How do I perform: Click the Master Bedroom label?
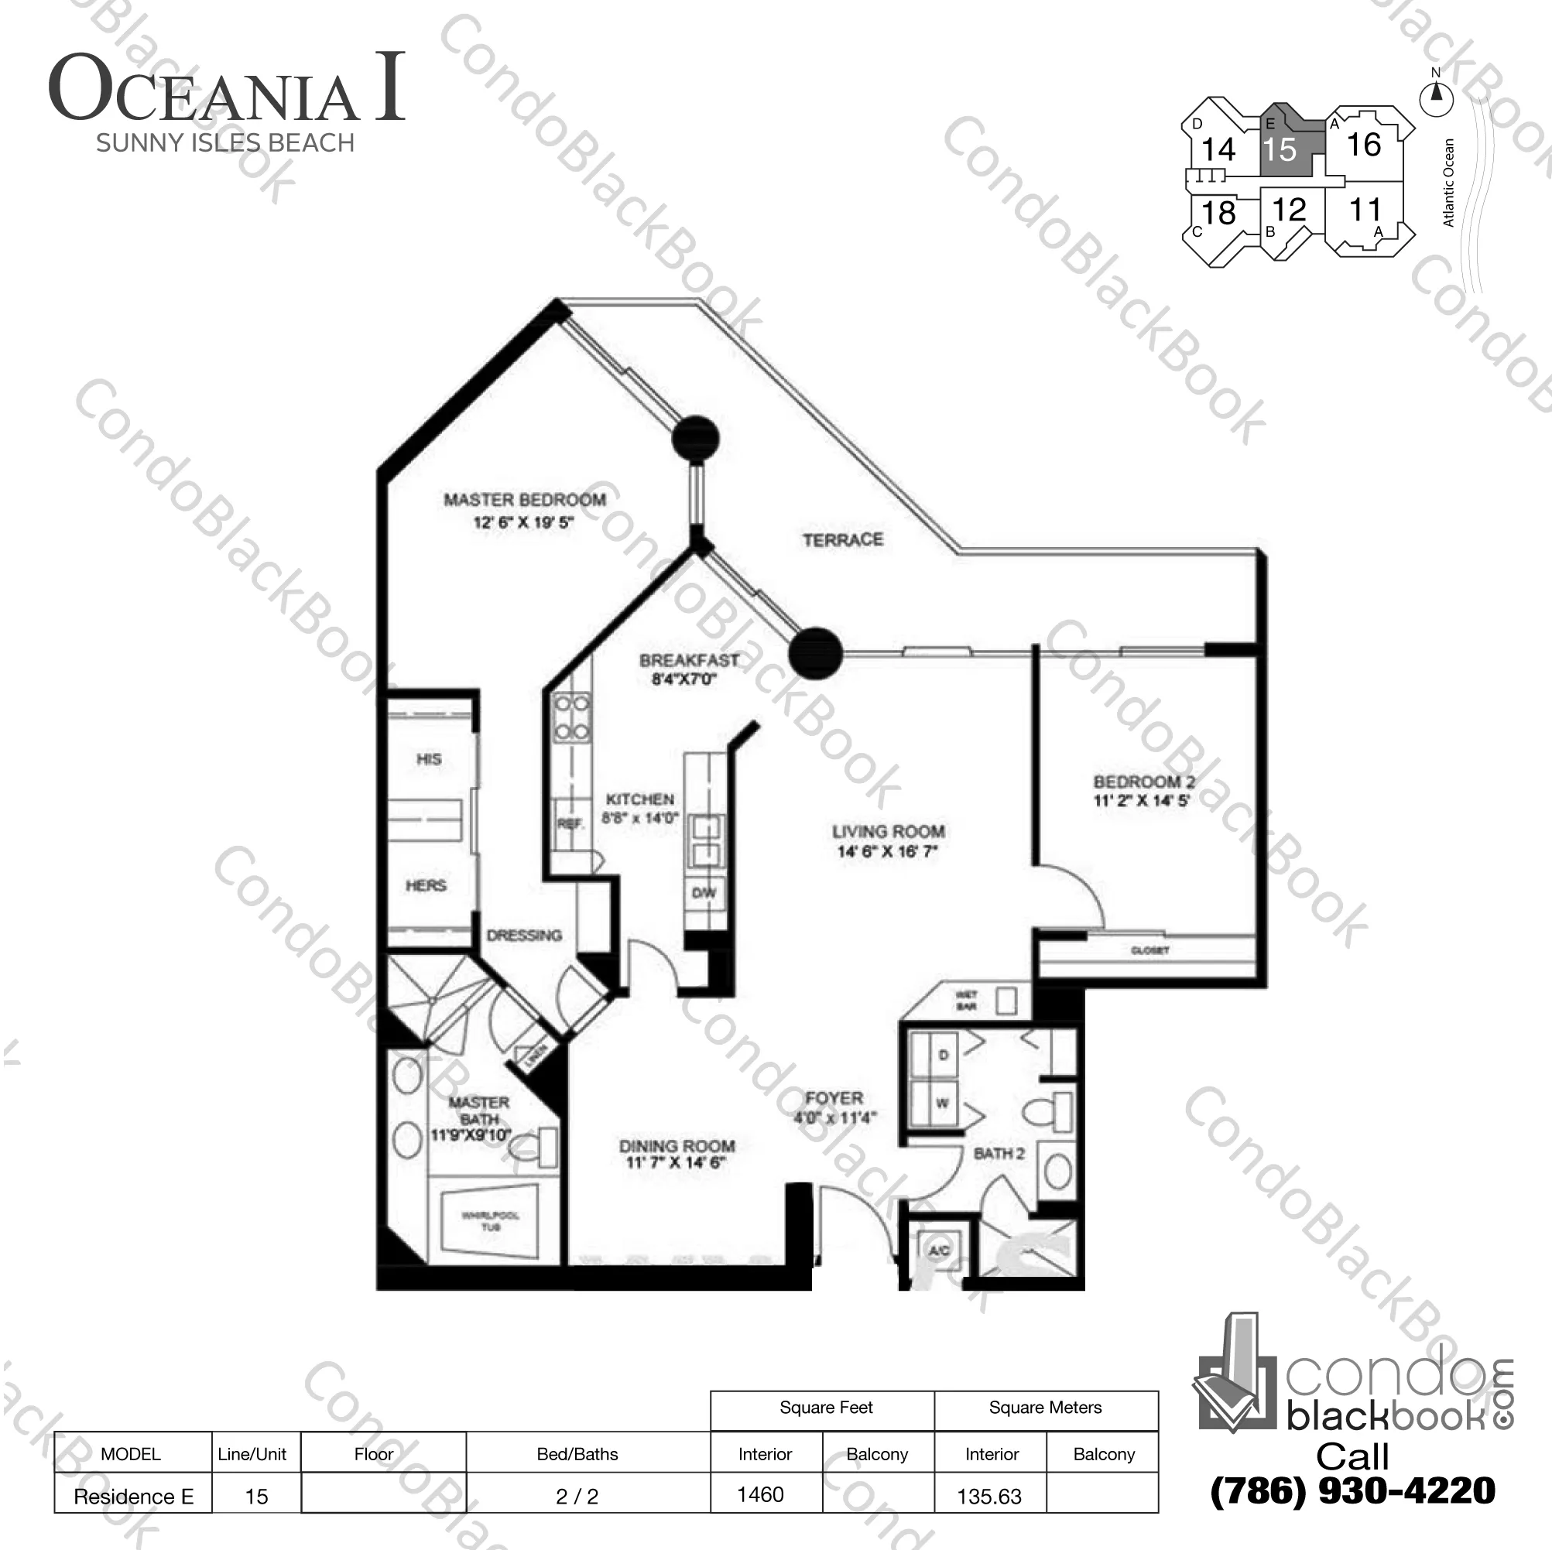(x=525, y=500)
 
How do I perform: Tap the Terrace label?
(x=843, y=539)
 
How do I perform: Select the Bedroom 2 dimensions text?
(x=1141, y=801)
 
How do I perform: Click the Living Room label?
(x=888, y=831)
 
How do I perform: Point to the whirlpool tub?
(x=490, y=1220)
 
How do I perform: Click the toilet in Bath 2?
(x=1049, y=1112)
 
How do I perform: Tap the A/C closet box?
(x=939, y=1250)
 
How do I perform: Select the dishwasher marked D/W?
(x=704, y=892)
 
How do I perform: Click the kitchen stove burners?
(x=571, y=718)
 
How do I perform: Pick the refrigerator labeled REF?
(x=570, y=823)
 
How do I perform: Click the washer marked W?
(x=941, y=1103)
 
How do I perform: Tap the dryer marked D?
(x=942, y=1055)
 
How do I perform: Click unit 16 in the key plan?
(x=1363, y=145)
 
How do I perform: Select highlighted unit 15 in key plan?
(x=1280, y=149)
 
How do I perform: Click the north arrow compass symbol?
(x=1437, y=98)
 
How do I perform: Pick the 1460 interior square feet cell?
(x=761, y=1494)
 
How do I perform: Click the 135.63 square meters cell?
(x=990, y=1496)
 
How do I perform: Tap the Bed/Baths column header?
(x=577, y=1453)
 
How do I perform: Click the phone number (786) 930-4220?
(x=1353, y=1490)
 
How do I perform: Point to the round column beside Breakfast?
(x=814, y=653)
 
